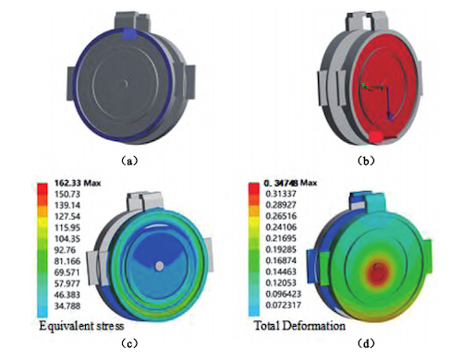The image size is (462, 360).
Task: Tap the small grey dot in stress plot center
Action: (x=160, y=266)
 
